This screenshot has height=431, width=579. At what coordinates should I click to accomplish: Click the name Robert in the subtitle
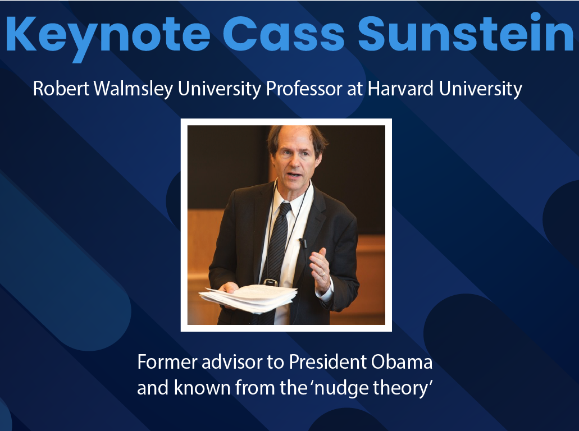[x=61, y=89]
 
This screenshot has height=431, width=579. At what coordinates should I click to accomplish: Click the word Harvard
[x=400, y=89]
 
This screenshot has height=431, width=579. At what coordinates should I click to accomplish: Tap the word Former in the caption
[x=167, y=361]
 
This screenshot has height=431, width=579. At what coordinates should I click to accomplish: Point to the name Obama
[x=402, y=361]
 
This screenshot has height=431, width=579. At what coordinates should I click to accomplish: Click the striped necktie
[x=277, y=255]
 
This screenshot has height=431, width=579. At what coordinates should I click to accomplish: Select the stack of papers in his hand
[x=248, y=298]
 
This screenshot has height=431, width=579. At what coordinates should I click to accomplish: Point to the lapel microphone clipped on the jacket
[x=303, y=243]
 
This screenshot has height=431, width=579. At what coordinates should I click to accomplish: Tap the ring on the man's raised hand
[x=322, y=274]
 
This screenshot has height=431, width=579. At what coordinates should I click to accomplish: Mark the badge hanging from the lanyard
[x=270, y=282]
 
